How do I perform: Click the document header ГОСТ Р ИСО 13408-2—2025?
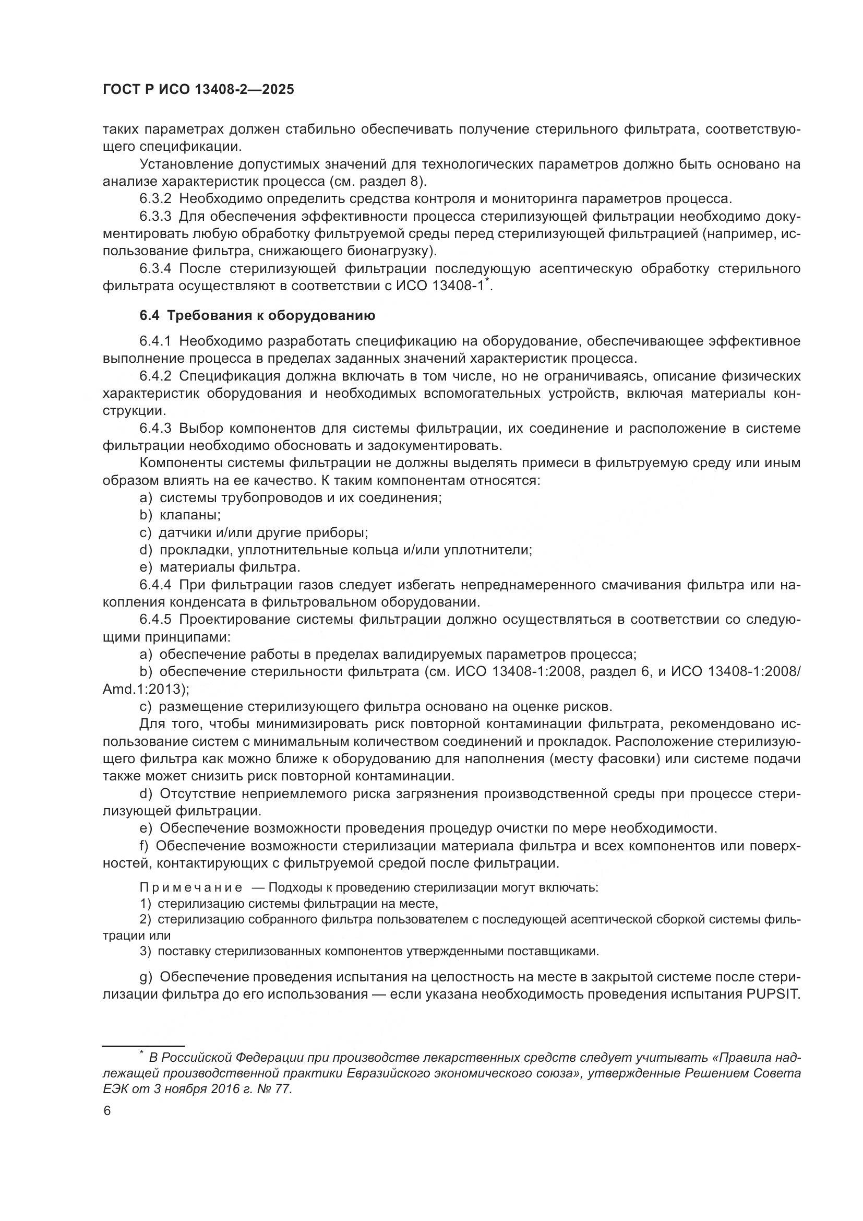[x=198, y=90]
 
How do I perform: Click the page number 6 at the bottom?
[x=107, y=1111]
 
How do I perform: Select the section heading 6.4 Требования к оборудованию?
[x=257, y=315]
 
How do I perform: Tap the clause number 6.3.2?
[x=155, y=199]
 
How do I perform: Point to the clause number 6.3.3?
[x=155, y=217]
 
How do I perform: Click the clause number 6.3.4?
[x=155, y=268]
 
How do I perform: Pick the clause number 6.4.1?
[x=155, y=340]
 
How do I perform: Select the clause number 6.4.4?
[x=155, y=585]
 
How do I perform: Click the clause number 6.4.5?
[x=155, y=620]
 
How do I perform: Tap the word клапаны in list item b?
[x=190, y=515]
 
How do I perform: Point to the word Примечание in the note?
[x=191, y=887]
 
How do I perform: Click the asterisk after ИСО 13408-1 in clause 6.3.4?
[x=487, y=281]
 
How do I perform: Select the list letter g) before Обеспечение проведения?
[x=146, y=976]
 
